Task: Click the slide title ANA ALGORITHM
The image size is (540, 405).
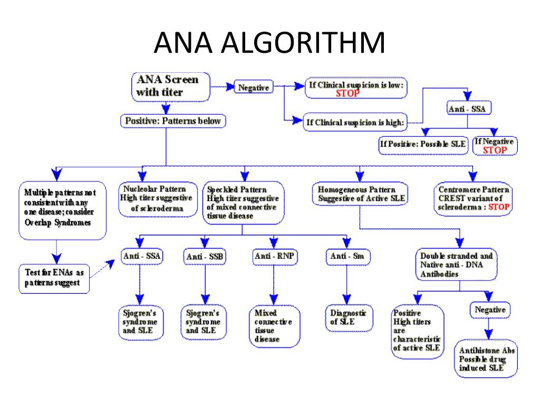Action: point(269,43)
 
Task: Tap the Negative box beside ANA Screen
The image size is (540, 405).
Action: point(254,88)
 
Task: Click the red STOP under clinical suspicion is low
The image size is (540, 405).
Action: point(348,93)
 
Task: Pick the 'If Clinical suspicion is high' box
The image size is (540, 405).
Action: point(355,123)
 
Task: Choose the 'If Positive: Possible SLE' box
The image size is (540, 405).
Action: point(423,144)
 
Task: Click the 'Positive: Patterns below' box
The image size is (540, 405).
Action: point(173,121)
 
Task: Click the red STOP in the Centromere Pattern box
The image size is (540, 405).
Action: point(498,207)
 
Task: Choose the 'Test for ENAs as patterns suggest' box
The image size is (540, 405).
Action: point(53,277)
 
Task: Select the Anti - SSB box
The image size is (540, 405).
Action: point(205,256)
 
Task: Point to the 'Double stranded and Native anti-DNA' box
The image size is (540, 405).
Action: point(457,264)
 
